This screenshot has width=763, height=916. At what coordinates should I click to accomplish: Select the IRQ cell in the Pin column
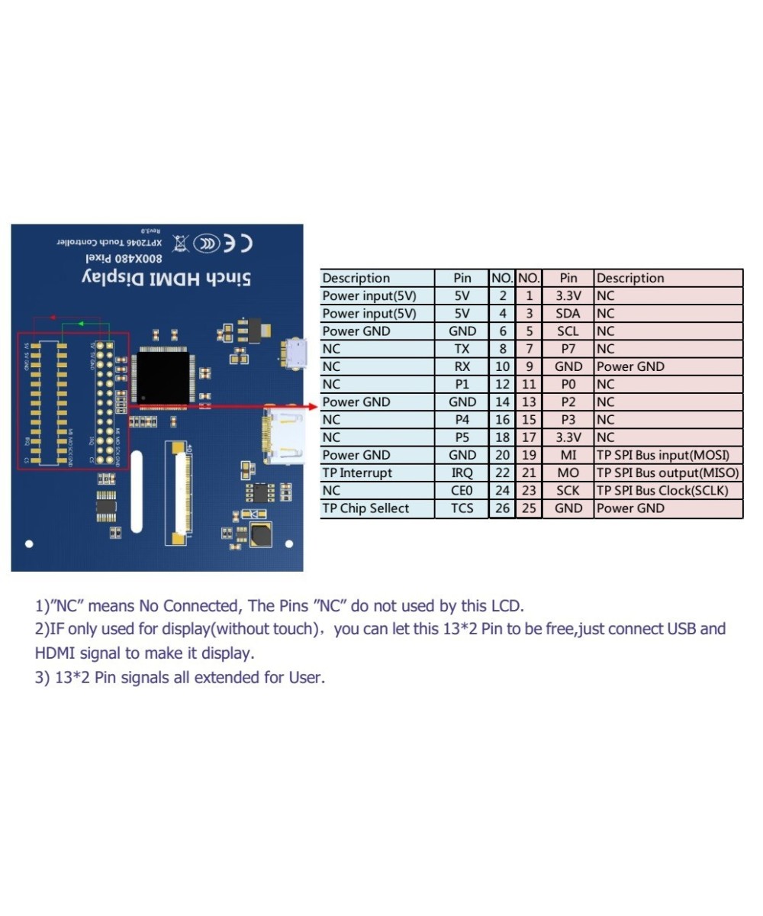[x=462, y=473]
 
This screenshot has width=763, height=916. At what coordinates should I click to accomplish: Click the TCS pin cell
[x=462, y=508]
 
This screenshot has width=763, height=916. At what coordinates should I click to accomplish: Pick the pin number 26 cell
[x=502, y=508]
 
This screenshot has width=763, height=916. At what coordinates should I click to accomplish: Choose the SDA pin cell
[x=568, y=314]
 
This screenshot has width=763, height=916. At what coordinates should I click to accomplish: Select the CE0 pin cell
[x=462, y=491]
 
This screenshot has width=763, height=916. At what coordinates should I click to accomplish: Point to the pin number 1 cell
[x=529, y=296]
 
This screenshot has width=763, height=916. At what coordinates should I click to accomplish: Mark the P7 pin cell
[x=568, y=349]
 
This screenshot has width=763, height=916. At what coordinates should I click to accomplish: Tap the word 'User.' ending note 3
[x=306, y=678]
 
